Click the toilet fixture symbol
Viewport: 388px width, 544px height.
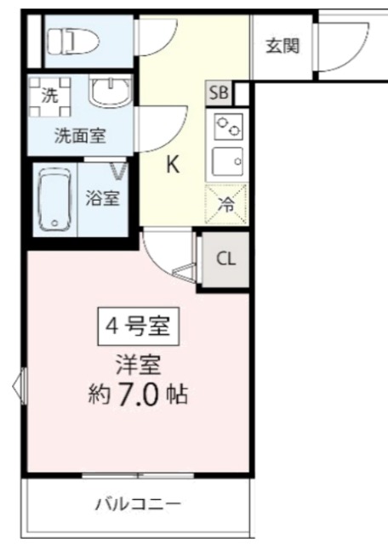[73, 42]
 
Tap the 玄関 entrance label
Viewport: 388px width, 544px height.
[282, 46]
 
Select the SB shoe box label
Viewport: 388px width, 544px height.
[219, 93]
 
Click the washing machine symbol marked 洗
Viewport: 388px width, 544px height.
[49, 96]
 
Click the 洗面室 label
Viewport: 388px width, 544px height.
[80, 136]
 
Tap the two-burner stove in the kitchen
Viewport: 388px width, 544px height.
[228, 127]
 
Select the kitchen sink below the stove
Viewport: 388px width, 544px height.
[227, 161]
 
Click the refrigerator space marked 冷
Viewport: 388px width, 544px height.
[226, 205]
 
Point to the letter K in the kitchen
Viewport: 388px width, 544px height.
[173, 164]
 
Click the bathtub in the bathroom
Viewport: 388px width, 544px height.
[55, 199]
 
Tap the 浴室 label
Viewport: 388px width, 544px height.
[103, 198]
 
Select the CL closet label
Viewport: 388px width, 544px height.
[225, 258]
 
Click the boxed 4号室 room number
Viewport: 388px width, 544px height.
[138, 326]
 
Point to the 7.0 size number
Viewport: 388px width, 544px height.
[138, 394]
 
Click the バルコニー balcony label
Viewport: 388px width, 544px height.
[138, 504]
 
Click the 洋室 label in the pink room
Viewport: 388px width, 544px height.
[138, 365]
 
